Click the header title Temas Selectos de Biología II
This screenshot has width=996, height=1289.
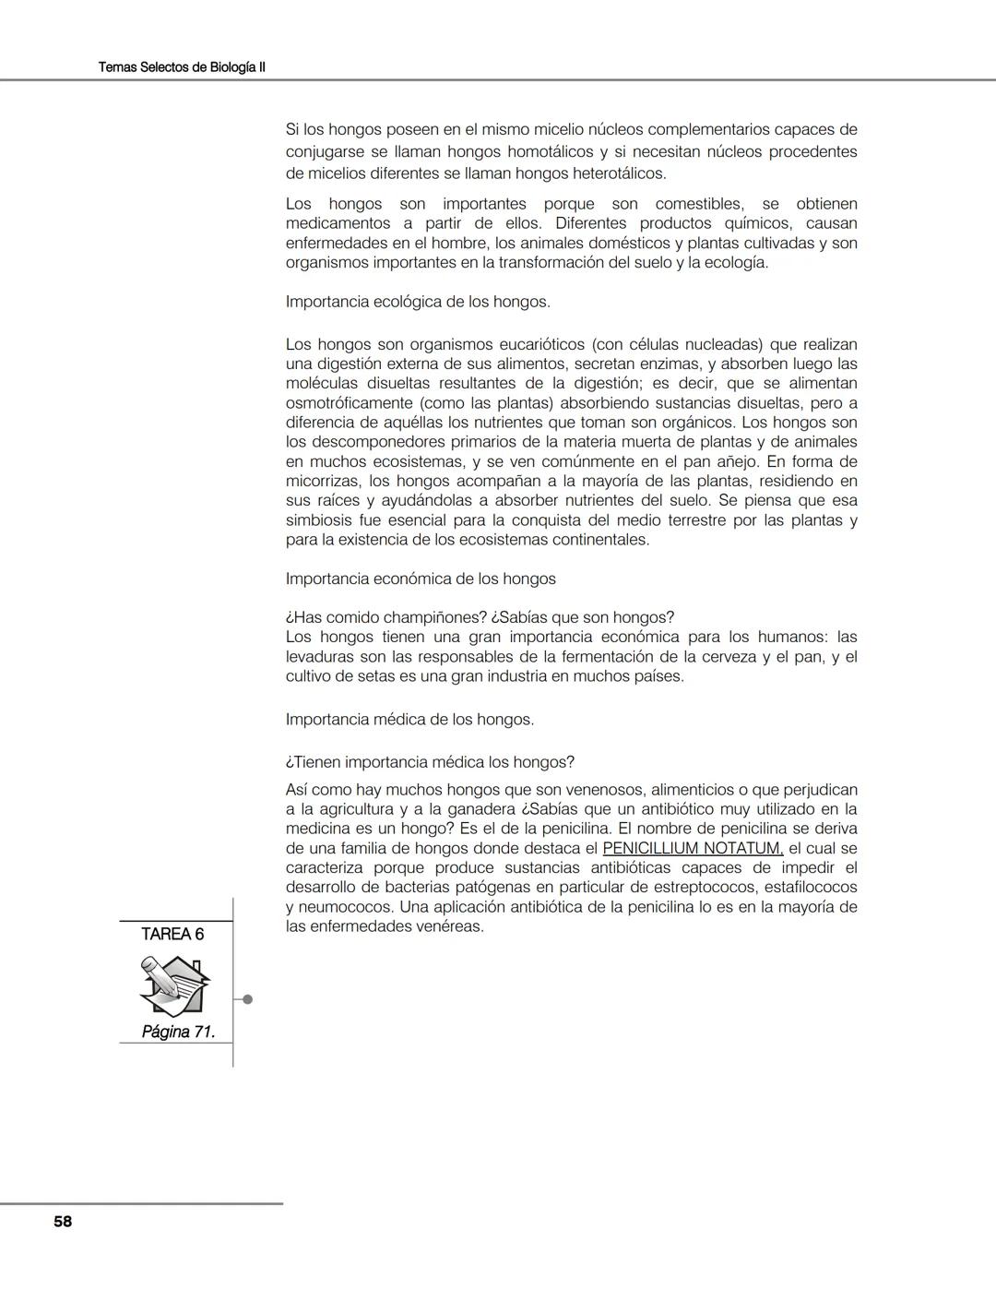pos(182,67)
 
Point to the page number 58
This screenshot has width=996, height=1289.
pos(63,1222)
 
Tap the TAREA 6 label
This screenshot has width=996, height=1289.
pos(172,934)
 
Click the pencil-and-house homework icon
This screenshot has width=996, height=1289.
pos(175,985)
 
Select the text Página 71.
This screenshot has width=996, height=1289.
pos(178,1032)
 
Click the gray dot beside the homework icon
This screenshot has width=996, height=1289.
pos(247,999)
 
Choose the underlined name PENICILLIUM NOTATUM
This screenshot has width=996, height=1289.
pos(693,848)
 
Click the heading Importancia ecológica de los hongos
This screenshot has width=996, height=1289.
pos(418,302)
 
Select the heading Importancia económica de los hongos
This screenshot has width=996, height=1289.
pos(421,579)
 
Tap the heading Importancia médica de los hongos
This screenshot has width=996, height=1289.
pos(409,719)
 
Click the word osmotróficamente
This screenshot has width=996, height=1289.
pos(349,403)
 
